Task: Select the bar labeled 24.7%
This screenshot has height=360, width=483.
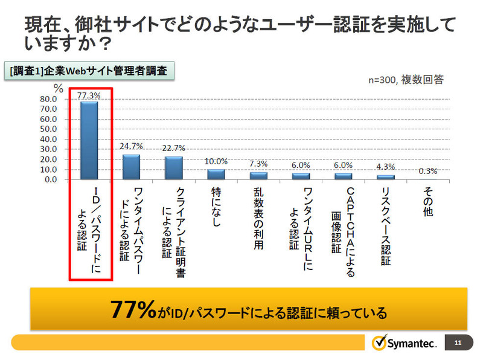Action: click(x=132, y=167)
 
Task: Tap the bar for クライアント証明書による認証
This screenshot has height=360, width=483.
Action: click(x=174, y=168)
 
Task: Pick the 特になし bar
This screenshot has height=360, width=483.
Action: click(x=216, y=174)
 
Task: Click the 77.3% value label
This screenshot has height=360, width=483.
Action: click(x=89, y=95)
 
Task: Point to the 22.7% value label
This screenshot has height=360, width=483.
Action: click(x=174, y=148)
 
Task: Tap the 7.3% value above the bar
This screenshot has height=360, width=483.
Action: click(x=258, y=164)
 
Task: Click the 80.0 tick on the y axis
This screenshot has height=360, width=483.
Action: click(x=48, y=99)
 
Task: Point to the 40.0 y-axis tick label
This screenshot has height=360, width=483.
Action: click(x=48, y=139)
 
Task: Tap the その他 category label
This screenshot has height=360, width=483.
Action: click(x=427, y=205)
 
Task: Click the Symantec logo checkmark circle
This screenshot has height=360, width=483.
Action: click(x=379, y=342)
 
